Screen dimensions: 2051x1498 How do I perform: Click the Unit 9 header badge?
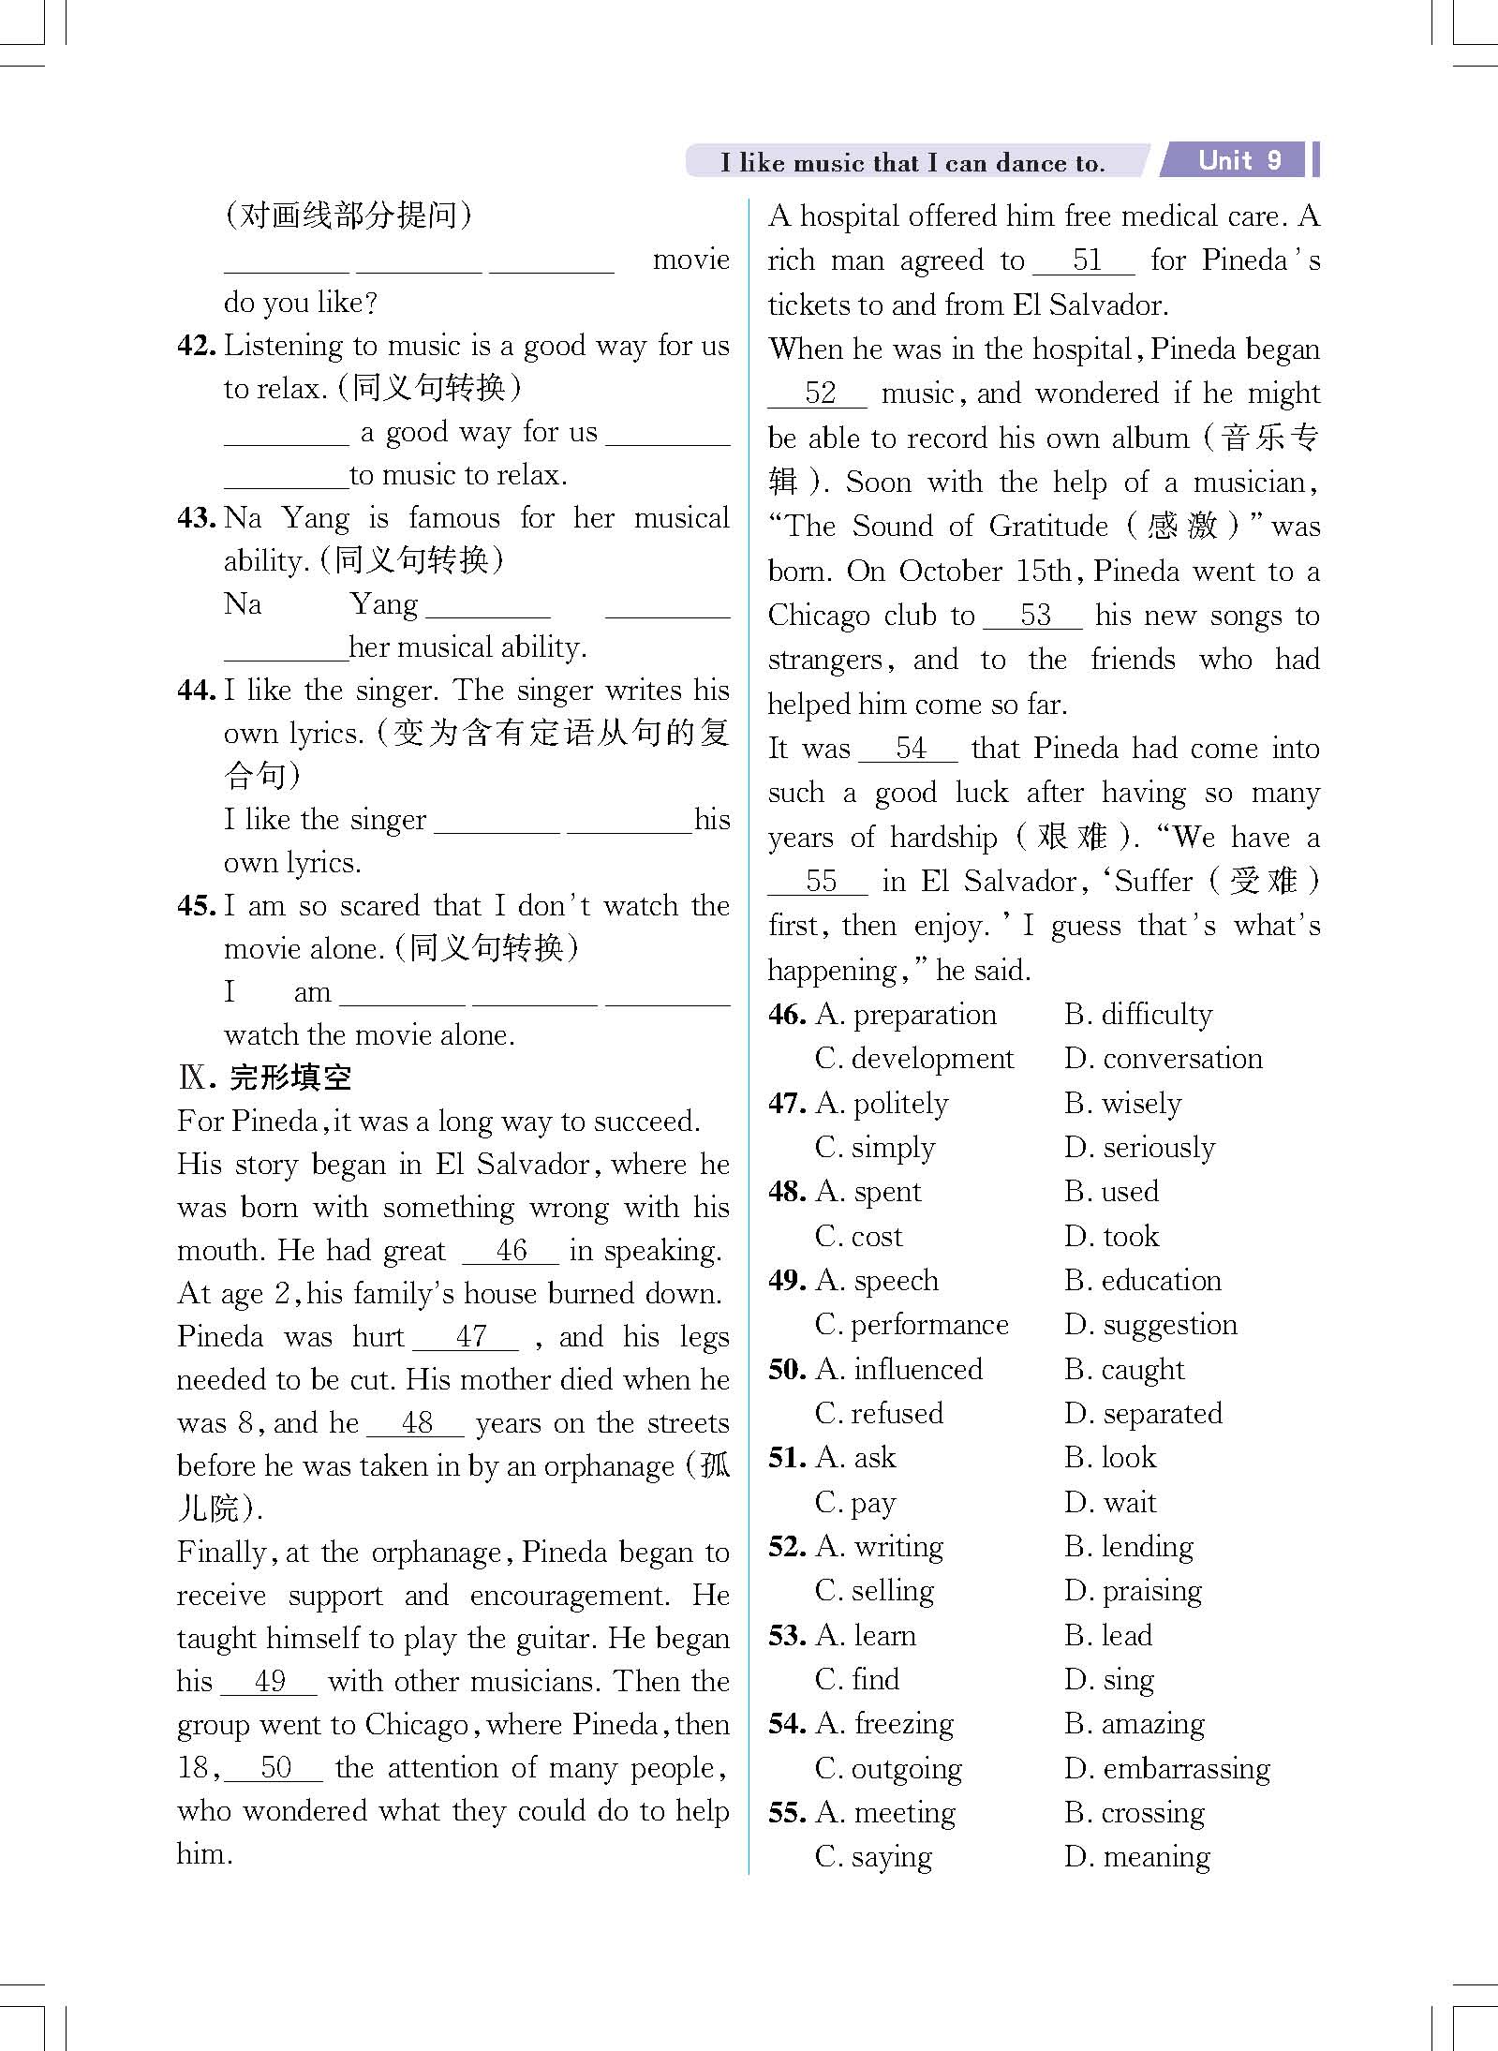coord(1238,160)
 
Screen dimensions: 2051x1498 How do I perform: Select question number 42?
coord(198,346)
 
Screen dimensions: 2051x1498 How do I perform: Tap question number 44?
coord(198,691)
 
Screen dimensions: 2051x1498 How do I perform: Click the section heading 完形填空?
coord(290,1078)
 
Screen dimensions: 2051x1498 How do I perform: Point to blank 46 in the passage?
coord(511,1251)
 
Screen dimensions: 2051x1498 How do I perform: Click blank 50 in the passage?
coord(275,1768)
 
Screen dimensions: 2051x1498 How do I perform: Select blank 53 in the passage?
coord(1034,616)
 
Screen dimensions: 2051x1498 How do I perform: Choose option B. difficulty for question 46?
coord(1138,1015)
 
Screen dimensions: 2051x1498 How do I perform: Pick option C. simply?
coord(876,1148)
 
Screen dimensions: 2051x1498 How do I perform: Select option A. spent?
coord(869,1192)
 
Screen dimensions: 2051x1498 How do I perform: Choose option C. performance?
coord(912,1325)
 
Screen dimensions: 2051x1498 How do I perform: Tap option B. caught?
coord(1124,1370)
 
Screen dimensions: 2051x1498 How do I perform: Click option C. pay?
coord(856,1503)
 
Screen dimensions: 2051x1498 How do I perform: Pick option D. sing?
coord(1110,1680)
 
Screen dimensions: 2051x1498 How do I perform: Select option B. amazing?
coord(1135,1724)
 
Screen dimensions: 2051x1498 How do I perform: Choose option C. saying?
coord(874,1857)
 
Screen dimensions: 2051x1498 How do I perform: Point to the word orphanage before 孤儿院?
coord(609,1466)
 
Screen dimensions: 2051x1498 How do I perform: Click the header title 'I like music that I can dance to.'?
coord(912,163)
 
